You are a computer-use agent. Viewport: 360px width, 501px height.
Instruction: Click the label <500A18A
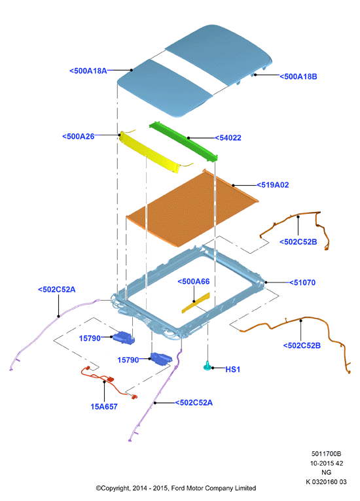[88, 71]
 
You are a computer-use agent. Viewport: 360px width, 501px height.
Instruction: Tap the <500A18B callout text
[298, 77]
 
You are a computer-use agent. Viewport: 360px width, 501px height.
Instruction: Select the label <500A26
[79, 137]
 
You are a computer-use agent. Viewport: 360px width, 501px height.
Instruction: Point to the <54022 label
[228, 138]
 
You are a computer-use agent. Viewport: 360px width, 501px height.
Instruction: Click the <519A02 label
[273, 185]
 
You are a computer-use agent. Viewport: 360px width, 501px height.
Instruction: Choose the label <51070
[302, 283]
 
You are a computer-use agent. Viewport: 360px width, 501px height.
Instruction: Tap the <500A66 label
[194, 281]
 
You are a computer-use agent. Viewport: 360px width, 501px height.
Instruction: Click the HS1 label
[233, 370]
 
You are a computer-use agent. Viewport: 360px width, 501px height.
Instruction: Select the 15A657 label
[104, 407]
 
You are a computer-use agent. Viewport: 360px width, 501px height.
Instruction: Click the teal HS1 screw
[207, 366]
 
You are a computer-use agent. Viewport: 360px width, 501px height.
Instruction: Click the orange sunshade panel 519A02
[192, 208]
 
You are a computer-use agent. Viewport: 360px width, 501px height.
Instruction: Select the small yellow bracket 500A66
[196, 303]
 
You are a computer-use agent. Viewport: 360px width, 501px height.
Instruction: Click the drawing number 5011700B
[327, 454]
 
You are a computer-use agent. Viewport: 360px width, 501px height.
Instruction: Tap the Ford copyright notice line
[176, 488]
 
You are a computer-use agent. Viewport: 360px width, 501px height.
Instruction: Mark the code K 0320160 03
[326, 482]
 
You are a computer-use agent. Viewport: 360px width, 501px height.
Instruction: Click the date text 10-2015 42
[327, 463]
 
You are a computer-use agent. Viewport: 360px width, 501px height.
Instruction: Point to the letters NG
[327, 473]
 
